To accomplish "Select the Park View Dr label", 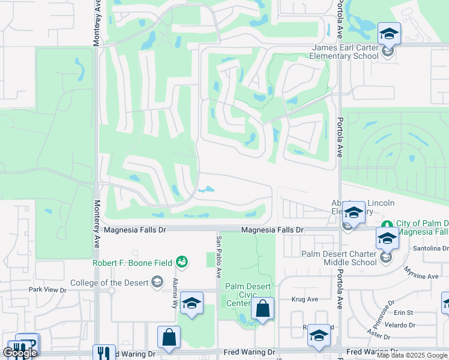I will coord(47,289).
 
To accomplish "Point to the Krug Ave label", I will coord(304,299).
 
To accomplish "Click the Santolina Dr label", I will coord(430,248).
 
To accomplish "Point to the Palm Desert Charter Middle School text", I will coord(339,258).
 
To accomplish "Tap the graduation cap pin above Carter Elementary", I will coord(389,34).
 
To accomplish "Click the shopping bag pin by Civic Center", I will coord(262,309).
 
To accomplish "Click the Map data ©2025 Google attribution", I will coord(412,355).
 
